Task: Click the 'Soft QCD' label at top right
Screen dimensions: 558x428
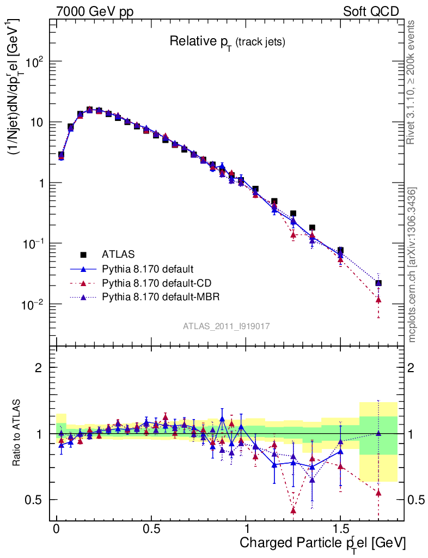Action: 371,11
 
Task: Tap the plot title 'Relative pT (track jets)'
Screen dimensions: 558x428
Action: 227,41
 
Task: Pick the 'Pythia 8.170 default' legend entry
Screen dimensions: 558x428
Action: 148,269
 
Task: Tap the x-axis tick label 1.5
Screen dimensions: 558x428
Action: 341,529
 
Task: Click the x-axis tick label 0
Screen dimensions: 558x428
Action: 57,529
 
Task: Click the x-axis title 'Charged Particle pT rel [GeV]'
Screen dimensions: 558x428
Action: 322,543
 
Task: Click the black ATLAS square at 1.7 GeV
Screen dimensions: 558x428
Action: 378,283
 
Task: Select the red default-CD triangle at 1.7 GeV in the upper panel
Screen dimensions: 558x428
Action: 378,300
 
